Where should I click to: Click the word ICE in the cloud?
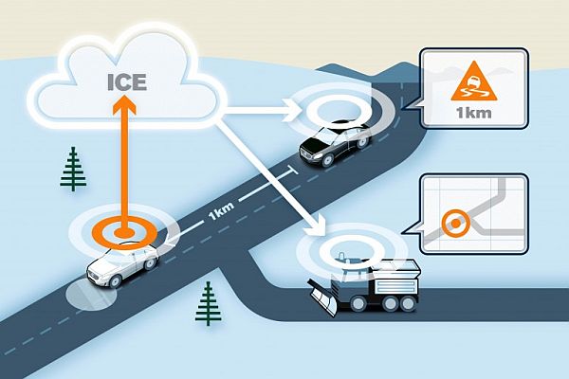click(127, 82)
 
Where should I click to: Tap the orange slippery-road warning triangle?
click(473, 82)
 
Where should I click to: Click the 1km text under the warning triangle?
click(474, 113)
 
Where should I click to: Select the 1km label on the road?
click(221, 211)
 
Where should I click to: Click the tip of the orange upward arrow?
click(124, 96)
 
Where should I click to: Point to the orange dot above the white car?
click(124, 232)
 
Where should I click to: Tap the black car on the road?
click(334, 143)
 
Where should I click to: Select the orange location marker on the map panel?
click(456, 224)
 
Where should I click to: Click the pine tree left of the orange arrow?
click(73, 169)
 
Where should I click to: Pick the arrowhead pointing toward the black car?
click(294, 110)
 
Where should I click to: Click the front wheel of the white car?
click(115, 280)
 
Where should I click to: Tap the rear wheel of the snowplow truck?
click(408, 304)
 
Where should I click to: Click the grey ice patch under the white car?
click(91, 295)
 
